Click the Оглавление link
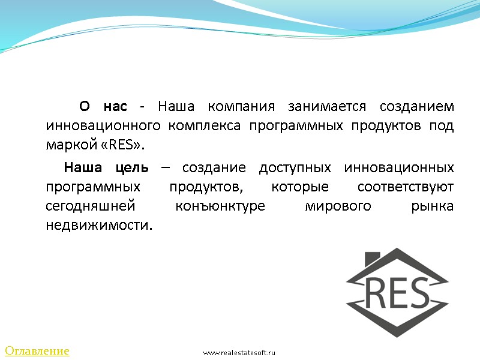[37, 350]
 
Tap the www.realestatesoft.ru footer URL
[238, 353]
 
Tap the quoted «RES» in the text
[126, 146]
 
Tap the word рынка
[434, 206]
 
